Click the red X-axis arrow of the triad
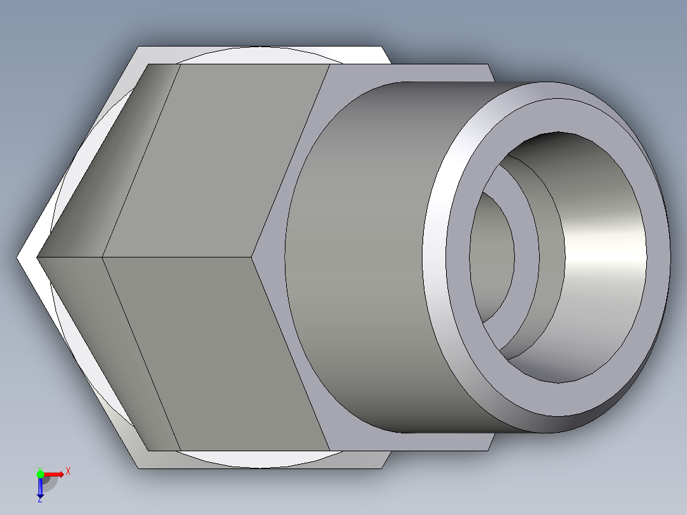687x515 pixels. (x=55, y=474)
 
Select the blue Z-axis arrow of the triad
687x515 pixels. (x=40, y=488)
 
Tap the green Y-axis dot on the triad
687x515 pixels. (x=40, y=473)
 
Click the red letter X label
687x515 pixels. (x=68, y=471)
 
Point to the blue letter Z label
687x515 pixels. (x=40, y=500)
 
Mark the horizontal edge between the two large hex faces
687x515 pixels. (x=178, y=257)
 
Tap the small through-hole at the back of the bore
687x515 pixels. (x=494, y=255)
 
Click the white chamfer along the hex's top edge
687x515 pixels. (x=261, y=55)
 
